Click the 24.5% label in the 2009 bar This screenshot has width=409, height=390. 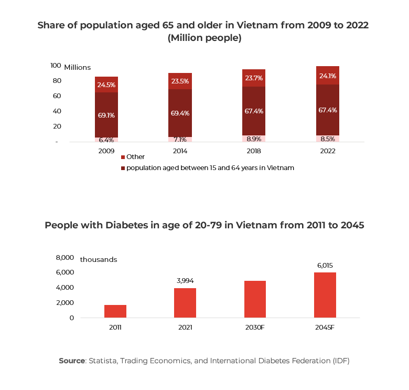pos(106,85)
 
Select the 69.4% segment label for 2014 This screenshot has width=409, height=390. pos(180,113)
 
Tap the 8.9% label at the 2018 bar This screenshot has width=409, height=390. pos(254,139)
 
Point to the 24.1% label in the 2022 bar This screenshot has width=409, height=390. pos(327,76)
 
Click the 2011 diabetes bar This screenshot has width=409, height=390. pos(115,311)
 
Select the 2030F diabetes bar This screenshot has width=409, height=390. pos(255,299)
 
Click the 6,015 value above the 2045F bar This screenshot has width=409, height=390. pos(325,266)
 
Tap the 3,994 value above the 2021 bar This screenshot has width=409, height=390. pos(185,281)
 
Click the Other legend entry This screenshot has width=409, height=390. pos(135,156)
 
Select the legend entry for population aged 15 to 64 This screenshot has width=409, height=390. pos(210,168)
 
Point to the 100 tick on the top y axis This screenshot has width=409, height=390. pos(56,66)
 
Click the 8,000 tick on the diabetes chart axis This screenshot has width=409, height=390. pos(65,257)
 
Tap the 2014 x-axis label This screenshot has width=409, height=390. pos(180,151)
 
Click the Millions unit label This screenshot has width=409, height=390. pos(78,67)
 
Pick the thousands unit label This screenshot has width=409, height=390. pos(99,259)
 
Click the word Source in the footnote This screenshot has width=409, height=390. pos(71,361)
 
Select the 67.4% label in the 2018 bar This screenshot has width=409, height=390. pos(254,111)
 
